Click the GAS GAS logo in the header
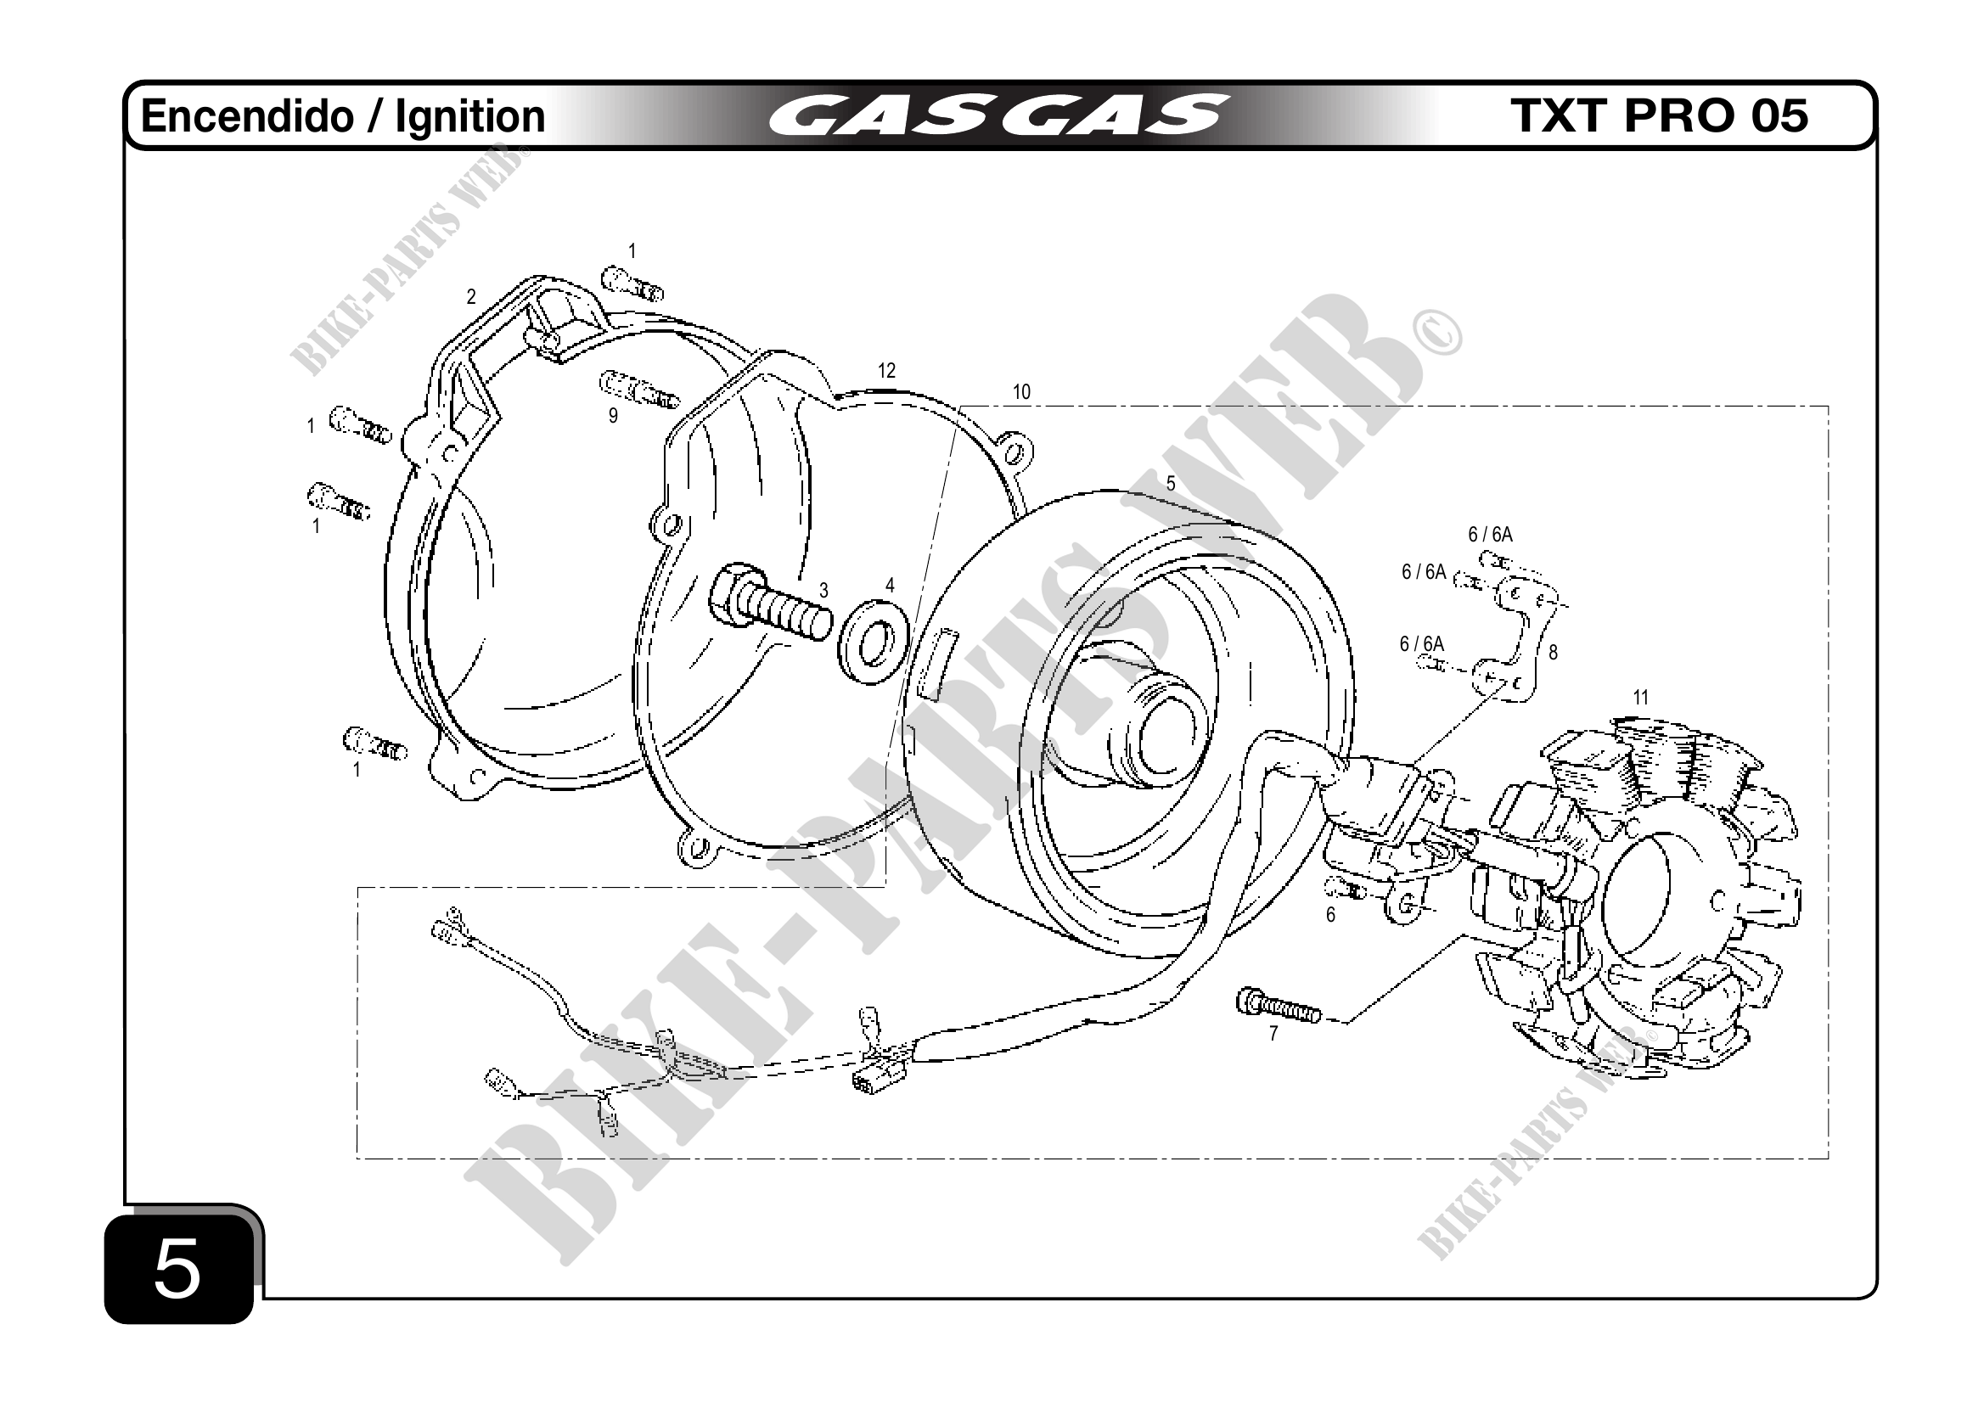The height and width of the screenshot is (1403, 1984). click(998, 116)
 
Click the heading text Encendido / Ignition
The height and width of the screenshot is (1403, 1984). click(343, 116)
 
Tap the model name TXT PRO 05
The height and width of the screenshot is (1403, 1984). click(1658, 115)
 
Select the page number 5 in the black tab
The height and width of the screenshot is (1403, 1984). click(177, 1269)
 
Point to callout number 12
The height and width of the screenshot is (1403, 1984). click(886, 371)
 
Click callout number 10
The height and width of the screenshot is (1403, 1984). click(1021, 392)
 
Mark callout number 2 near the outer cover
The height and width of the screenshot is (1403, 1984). click(471, 297)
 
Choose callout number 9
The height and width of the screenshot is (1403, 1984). click(614, 416)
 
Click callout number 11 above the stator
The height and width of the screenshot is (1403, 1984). click(1640, 697)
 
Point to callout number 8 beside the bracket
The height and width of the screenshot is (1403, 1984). click(1553, 654)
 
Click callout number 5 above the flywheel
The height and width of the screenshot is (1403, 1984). click(1171, 484)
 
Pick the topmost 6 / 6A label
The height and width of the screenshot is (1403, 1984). click(1491, 535)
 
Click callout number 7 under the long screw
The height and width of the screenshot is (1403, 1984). click(1273, 1033)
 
